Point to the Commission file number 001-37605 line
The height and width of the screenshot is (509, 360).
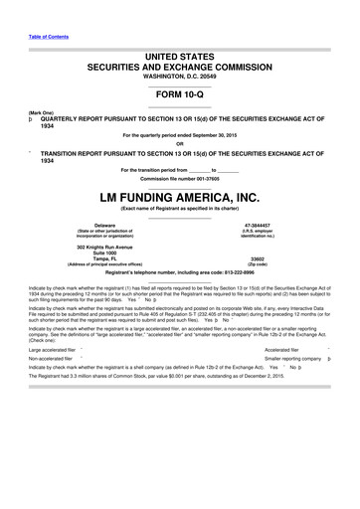pyautogui.click(x=179, y=163)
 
